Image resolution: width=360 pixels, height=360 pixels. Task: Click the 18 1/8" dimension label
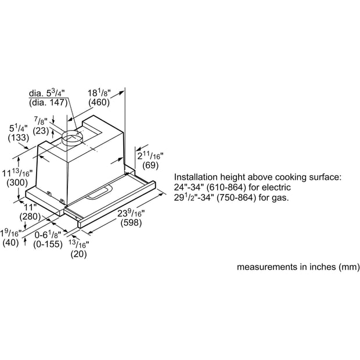(x=99, y=93)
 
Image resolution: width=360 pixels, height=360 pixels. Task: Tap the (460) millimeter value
(x=99, y=102)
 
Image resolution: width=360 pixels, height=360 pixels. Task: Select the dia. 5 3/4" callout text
(x=47, y=93)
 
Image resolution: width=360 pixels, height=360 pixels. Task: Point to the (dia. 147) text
(x=48, y=102)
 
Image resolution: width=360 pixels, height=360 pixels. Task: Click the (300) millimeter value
(x=17, y=183)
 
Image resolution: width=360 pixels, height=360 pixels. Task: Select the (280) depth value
(x=30, y=216)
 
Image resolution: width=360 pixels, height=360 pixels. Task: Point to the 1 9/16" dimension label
(x=11, y=233)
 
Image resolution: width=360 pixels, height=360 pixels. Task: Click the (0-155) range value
(x=48, y=244)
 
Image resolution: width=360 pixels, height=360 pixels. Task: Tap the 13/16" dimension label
(x=79, y=244)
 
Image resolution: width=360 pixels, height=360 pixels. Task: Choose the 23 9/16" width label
(x=131, y=213)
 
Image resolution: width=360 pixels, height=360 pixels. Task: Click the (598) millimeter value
(x=131, y=222)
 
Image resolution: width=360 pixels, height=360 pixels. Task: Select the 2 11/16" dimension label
(x=150, y=156)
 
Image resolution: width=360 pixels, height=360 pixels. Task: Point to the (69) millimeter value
(x=150, y=165)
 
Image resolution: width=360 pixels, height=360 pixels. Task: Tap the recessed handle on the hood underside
(x=99, y=192)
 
